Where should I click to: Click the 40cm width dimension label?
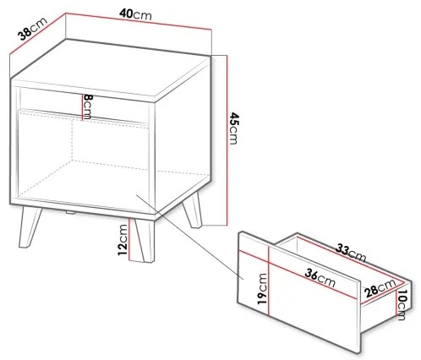click(x=137, y=15)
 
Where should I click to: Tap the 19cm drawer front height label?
click(x=262, y=287)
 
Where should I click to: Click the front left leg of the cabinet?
click(x=30, y=227)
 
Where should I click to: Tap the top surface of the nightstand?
click(x=118, y=72)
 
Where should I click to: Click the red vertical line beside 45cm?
click(x=225, y=139)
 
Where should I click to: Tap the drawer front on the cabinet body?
click(x=85, y=103)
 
